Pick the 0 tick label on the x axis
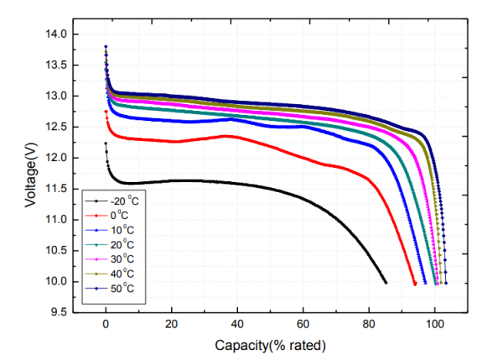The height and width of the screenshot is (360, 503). pos(106,323)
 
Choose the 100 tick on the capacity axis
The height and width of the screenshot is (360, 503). pos(434,323)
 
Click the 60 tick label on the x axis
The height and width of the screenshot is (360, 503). pos(303,323)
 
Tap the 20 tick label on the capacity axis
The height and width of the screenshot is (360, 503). pos(171,323)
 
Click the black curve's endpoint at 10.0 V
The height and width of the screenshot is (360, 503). pos(385,283)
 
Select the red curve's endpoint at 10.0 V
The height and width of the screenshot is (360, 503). pos(415,284)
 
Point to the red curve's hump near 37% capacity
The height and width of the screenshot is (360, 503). pos(227,136)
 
